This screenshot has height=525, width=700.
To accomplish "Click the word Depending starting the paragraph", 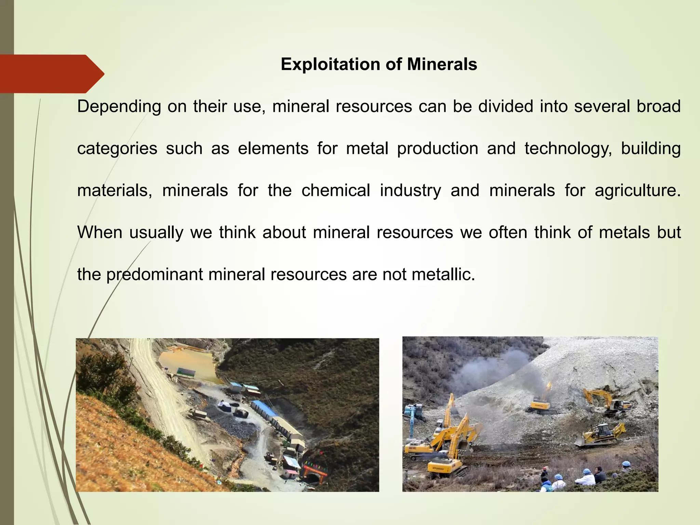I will [119, 107].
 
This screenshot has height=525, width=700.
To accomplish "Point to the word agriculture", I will [637, 191].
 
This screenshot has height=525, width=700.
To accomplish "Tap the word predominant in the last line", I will [155, 274].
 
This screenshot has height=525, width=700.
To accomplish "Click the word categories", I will [117, 149].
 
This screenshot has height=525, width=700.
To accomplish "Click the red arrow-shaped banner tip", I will [96, 73].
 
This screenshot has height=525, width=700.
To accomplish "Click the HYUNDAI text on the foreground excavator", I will [437, 468].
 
